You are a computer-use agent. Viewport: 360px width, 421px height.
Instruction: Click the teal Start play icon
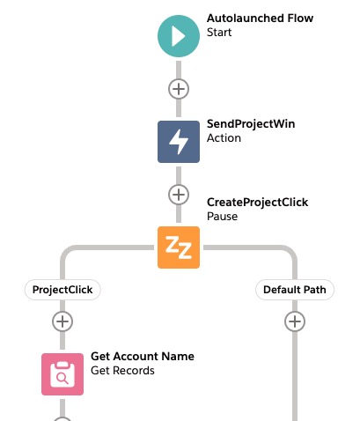(x=179, y=36)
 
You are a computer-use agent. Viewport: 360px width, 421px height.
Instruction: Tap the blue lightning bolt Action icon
(x=179, y=142)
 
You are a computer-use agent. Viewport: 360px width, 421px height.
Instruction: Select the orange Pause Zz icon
(x=179, y=247)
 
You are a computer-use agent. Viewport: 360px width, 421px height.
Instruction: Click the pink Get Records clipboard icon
(x=62, y=374)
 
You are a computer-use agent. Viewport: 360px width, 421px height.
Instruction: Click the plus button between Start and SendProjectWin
(x=179, y=89)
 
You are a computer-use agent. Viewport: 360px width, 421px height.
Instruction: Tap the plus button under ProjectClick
(x=62, y=321)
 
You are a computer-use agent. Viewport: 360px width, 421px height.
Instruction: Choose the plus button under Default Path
(x=295, y=321)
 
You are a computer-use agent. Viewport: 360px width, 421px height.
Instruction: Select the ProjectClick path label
(x=62, y=290)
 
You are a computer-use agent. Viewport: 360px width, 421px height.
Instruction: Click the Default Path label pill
(x=295, y=290)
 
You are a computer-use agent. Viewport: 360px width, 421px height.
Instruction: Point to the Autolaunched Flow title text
(x=260, y=18)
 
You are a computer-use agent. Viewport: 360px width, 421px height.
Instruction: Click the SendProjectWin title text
(x=251, y=124)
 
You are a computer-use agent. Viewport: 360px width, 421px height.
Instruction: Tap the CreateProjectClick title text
(x=257, y=203)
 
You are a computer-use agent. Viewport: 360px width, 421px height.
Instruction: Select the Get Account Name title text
(x=143, y=357)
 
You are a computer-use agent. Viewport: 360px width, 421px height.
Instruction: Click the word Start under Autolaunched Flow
(x=219, y=33)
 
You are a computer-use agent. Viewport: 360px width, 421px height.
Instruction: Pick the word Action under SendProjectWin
(x=224, y=138)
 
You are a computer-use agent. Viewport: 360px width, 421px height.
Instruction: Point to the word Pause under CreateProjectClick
(x=222, y=217)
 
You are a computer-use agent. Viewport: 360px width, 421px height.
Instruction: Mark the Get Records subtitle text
(x=122, y=371)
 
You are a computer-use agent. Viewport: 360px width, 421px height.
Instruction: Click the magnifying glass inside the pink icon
(x=62, y=379)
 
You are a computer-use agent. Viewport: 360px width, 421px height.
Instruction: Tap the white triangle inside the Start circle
(x=179, y=36)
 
